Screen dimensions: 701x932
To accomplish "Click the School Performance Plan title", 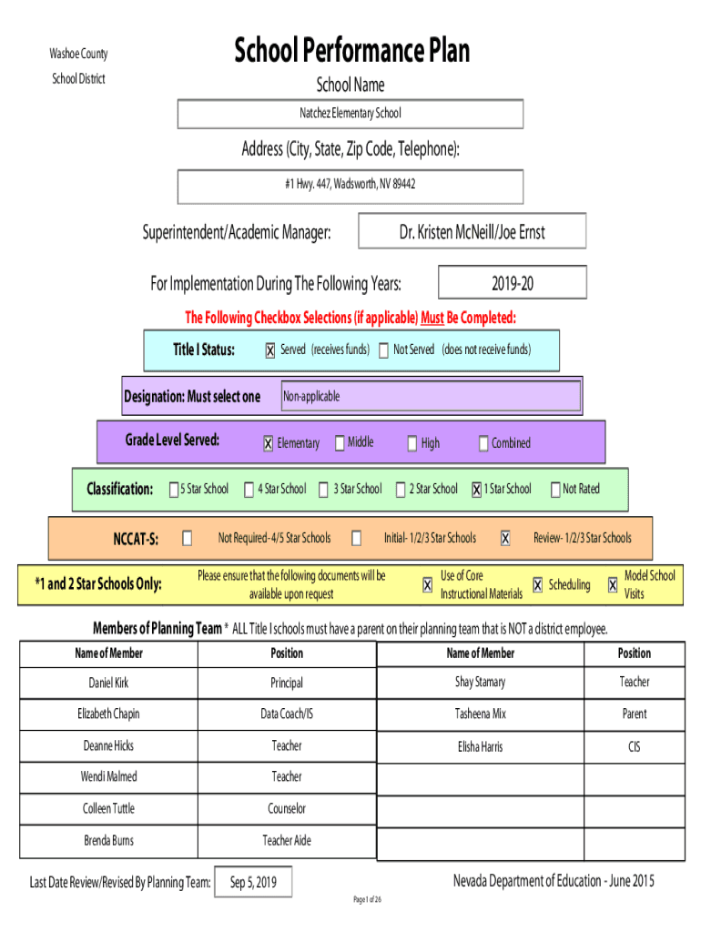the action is click(351, 50).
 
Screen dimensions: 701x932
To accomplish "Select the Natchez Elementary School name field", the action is click(350, 114).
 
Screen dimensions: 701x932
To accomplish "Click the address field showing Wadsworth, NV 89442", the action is click(350, 187).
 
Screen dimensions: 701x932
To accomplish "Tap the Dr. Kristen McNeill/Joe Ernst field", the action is click(472, 230).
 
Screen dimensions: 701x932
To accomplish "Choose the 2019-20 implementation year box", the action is click(512, 282).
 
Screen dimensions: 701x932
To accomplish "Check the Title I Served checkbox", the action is click(270, 350).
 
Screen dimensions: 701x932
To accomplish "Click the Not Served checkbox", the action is click(383, 350).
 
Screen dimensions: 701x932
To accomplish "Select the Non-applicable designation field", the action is click(431, 396).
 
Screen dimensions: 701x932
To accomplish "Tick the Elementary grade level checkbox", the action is click(269, 443).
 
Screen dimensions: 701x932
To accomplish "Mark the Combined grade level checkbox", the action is click(483, 443).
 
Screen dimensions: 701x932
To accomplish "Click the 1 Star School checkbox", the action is click(476, 490).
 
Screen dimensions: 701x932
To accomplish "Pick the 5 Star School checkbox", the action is click(174, 489).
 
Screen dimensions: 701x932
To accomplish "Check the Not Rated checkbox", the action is click(555, 490).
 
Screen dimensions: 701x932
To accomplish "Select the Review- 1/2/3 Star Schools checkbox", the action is click(504, 539).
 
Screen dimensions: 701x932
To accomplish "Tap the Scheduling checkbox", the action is click(537, 585).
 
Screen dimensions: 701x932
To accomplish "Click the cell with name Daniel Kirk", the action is click(109, 683).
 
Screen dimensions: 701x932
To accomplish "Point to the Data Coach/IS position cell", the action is click(287, 714).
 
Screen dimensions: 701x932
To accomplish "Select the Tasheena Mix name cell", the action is click(481, 714).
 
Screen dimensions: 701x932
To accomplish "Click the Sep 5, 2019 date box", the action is click(253, 882).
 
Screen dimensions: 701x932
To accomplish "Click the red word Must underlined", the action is click(432, 318).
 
